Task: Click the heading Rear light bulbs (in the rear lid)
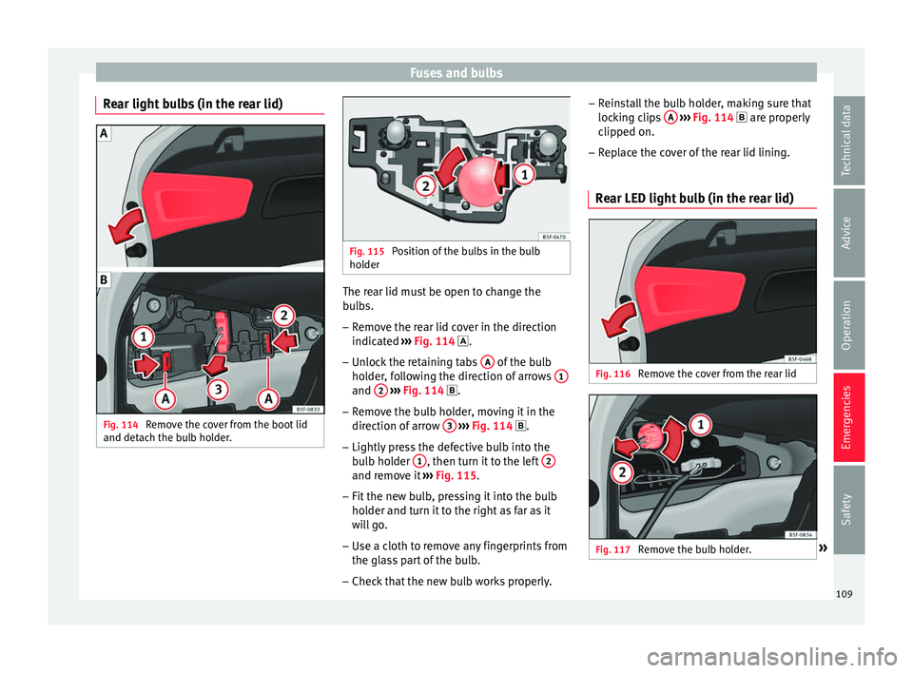pos(190,104)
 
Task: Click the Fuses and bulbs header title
pos(456,72)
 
